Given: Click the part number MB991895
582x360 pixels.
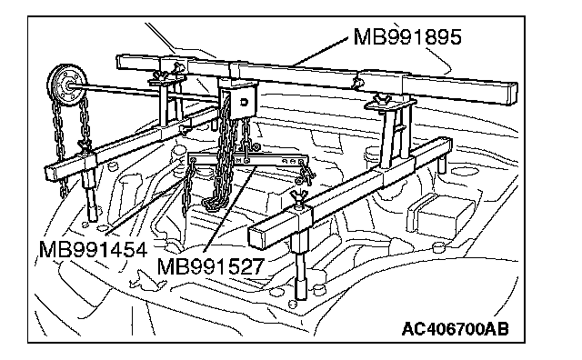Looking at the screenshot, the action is (407, 36).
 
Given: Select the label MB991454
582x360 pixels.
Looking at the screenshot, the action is (93, 249).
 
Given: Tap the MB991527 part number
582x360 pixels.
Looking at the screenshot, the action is (210, 265).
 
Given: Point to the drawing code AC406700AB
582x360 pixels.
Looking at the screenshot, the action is (455, 329).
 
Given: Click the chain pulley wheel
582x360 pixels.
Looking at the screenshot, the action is (68, 87).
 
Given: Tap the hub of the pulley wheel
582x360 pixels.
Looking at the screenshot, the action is (69, 86).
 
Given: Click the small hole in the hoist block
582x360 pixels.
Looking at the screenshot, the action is (244, 102).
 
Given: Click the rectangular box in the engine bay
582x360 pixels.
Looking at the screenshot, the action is (440, 216).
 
